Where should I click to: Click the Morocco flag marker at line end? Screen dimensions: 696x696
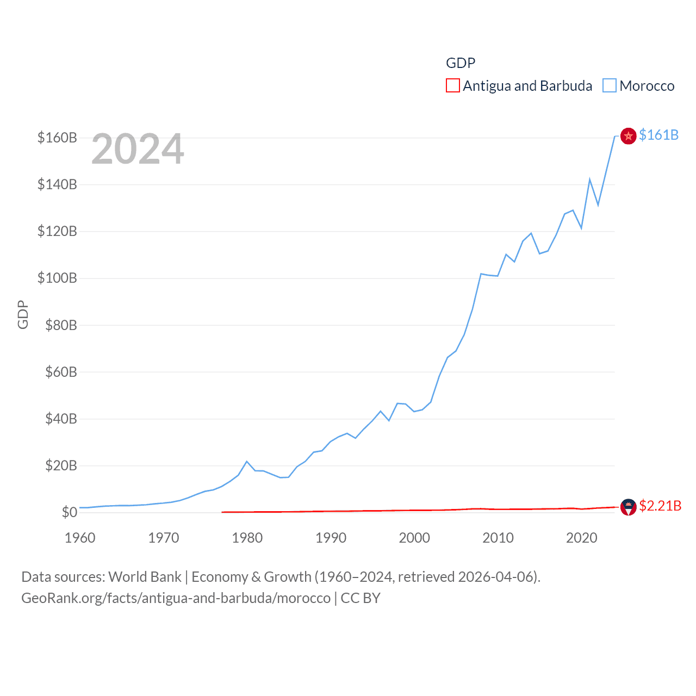[628, 136]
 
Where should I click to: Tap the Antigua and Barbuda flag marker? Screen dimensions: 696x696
[628, 507]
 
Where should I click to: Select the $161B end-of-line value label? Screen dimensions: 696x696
[658, 135]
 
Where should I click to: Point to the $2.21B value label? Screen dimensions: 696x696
[660, 506]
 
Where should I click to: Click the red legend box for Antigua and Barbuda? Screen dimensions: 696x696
[452, 86]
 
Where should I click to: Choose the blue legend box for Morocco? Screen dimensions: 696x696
[609, 86]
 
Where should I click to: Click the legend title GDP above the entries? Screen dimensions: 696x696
[461, 63]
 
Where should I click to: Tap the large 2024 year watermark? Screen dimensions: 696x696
[138, 149]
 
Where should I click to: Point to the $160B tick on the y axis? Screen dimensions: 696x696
[57, 138]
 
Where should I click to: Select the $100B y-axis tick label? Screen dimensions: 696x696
[57, 278]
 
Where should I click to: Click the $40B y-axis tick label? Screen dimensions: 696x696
[61, 419]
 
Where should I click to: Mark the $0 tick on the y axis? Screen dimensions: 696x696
[69, 512]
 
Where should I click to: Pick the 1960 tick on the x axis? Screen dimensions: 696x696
[80, 538]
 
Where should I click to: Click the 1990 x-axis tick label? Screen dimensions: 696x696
[331, 538]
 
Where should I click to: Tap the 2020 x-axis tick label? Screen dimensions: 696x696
[581, 538]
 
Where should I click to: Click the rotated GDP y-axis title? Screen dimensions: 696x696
[23, 315]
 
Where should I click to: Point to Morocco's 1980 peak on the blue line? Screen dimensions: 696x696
[247, 462]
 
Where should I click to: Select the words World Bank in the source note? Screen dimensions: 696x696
[145, 577]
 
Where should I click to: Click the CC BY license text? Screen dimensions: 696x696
[361, 598]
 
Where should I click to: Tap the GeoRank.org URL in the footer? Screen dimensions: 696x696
[176, 598]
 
